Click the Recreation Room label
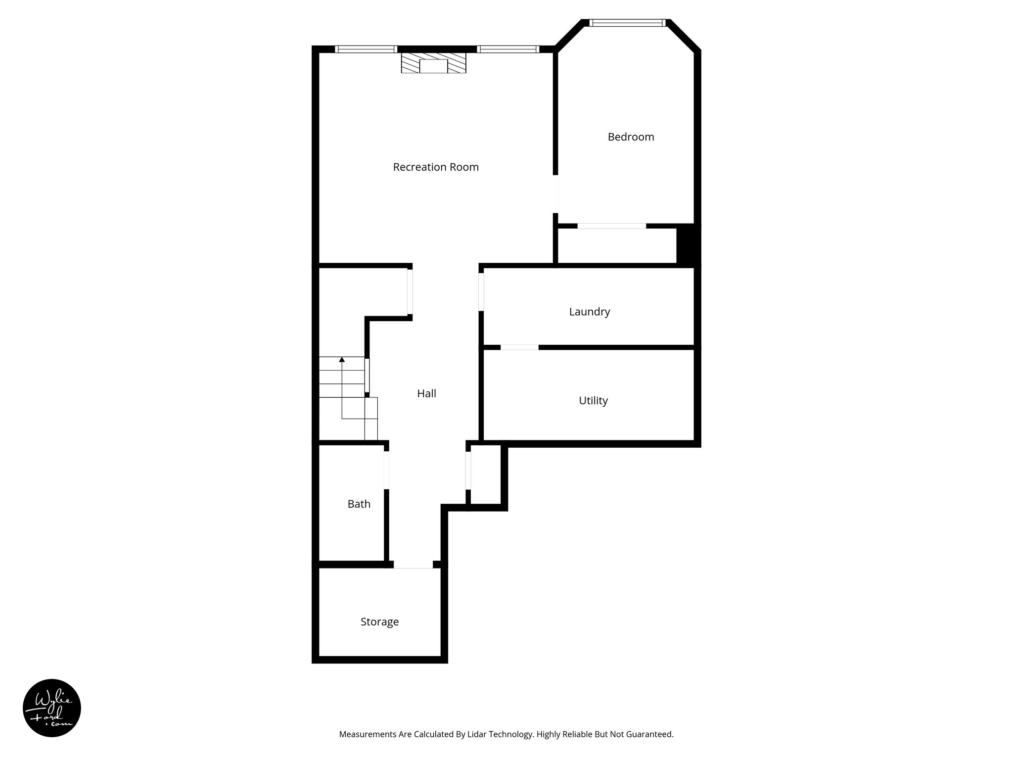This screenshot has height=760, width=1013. [x=436, y=167]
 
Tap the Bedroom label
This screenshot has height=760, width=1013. [x=631, y=137]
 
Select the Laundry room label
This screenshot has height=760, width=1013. [x=589, y=312]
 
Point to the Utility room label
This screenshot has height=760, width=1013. [x=593, y=400]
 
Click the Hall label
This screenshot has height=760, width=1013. [x=426, y=393]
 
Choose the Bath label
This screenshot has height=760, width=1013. [x=359, y=504]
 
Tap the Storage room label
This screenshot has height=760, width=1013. [x=379, y=622]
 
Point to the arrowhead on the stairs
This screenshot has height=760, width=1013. [x=342, y=359]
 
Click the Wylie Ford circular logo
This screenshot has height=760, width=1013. [x=52, y=708]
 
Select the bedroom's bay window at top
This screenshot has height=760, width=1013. [x=628, y=23]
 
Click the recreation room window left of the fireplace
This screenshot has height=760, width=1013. [x=366, y=49]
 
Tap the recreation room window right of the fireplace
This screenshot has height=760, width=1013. [x=508, y=49]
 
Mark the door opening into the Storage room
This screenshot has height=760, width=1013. [x=413, y=565]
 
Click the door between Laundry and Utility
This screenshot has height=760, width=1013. [x=519, y=347]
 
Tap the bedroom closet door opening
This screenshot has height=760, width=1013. [x=612, y=226]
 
